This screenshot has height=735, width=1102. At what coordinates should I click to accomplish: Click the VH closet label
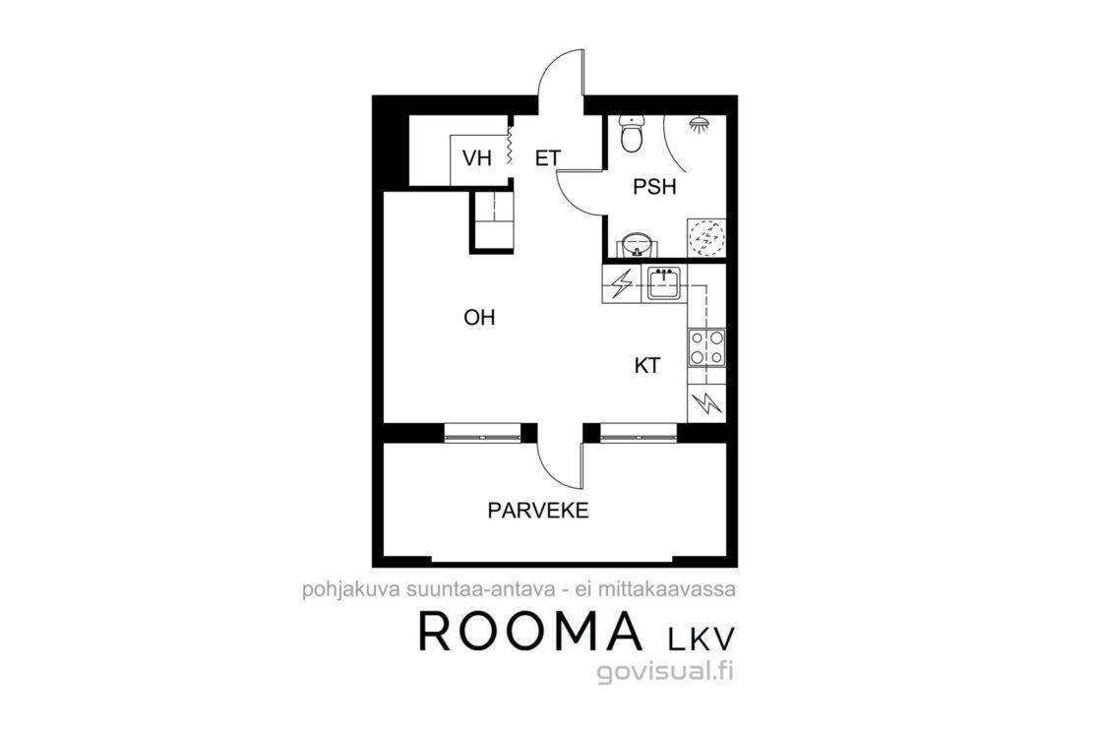tap(476, 158)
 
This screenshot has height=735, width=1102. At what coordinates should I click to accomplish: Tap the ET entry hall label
tap(548, 158)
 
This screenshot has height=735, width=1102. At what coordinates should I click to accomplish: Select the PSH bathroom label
tap(654, 187)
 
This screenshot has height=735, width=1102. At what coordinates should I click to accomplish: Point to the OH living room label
tap(479, 318)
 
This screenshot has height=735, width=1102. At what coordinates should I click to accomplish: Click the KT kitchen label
tap(646, 365)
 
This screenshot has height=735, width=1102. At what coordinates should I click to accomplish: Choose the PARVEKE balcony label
tap(537, 510)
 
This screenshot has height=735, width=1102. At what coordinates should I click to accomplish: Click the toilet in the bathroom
tap(632, 134)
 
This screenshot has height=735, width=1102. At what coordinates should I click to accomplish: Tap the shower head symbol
tap(698, 125)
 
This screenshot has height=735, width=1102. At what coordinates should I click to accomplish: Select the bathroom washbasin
tap(638, 245)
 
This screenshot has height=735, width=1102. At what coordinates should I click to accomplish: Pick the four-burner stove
tap(707, 348)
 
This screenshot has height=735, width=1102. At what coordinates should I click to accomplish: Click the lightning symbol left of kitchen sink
tap(621, 284)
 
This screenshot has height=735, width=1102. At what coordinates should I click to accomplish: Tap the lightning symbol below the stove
tap(707, 403)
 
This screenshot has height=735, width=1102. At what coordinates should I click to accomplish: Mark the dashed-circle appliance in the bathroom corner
tap(705, 237)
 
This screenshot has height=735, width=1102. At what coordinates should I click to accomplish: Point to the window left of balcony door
tap(483, 434)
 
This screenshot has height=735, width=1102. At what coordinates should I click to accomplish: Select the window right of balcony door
tap(639, 434)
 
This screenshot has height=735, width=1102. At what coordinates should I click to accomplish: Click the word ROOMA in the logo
tap(530, 631)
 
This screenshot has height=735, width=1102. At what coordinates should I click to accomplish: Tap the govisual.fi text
tap(665, 672)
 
